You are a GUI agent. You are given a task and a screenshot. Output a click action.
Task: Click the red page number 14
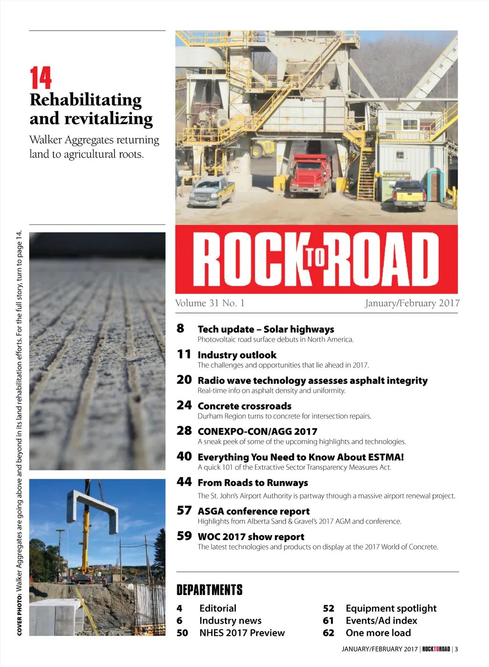41,78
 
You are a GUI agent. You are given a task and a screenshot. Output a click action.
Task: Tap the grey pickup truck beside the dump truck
212,191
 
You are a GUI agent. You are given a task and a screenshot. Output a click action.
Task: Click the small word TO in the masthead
315,258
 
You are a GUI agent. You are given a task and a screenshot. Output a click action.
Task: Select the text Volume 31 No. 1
210,303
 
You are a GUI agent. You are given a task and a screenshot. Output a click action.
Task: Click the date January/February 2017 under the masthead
412,303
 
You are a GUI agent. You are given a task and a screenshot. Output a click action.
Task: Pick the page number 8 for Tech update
180,328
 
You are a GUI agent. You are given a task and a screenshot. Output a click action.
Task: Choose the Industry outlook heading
237,355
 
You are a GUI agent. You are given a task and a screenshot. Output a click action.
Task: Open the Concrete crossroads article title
244,406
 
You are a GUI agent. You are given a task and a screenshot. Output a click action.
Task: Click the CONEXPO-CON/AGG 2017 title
257,431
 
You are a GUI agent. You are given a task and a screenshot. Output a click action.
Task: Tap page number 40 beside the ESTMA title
184,456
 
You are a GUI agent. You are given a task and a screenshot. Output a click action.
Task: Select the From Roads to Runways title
253,483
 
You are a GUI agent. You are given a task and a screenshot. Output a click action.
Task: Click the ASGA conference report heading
254,511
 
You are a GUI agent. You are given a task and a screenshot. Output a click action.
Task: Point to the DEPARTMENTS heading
210,590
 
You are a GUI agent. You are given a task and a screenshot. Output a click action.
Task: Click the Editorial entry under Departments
218,608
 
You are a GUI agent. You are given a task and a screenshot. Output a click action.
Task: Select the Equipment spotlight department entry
391,608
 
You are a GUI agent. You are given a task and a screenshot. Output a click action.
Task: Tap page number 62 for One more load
329,633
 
